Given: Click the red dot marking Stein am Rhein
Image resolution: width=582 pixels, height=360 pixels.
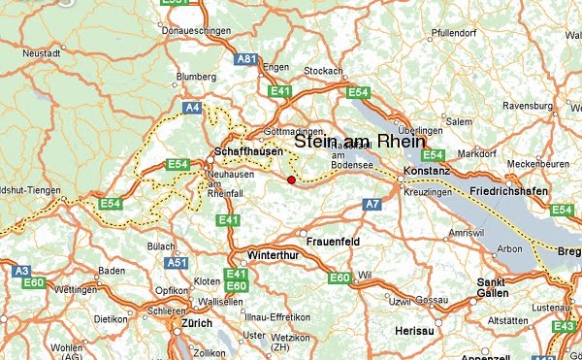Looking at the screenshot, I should coord(291,179).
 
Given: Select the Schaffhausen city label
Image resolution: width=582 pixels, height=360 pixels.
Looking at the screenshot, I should coord(247,151).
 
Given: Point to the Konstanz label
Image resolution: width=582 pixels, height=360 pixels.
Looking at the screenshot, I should coord(428,171).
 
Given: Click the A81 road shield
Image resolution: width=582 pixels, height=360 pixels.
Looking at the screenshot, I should coord(246,59).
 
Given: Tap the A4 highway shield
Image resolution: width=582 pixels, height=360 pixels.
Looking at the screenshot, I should coord(192,108).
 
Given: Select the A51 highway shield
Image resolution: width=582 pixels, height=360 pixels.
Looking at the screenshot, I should coord(178,263).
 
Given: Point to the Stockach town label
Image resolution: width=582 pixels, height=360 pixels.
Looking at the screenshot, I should coord(323,71).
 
